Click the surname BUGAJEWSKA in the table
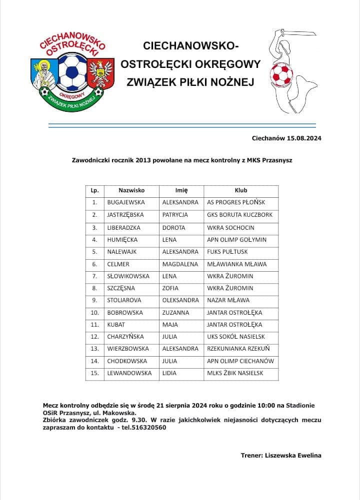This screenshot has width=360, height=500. click(x=125, y=203)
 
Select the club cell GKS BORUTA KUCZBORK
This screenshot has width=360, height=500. click(x=239, y=215)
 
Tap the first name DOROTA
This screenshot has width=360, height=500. click(x=173, y=227)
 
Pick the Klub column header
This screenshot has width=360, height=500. click(x=241, y=190)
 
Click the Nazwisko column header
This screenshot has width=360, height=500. click(x=131, y=190)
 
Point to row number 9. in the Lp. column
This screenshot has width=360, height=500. click(x=94, y=300)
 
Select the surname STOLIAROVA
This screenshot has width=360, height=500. click(x=124, y=300)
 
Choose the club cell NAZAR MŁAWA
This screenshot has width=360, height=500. click(x=228, y=300)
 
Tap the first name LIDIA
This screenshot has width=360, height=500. click(x=169, y=373)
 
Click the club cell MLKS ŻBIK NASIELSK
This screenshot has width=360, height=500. click(x=235, y=373)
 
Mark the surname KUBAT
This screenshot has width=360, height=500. click(x=115, y=325)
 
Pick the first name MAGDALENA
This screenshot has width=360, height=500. click(x=180, y=264)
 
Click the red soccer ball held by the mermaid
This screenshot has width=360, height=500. click(x=281, y=74)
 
